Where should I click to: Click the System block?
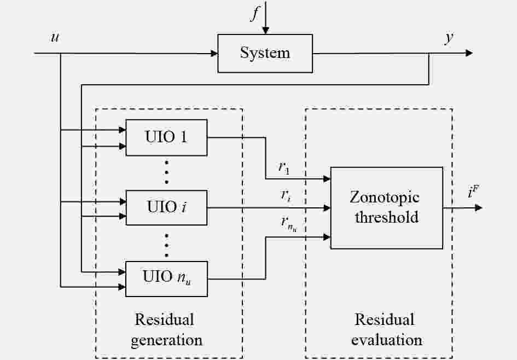click(265, 53)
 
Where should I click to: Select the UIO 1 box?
click(167, 137)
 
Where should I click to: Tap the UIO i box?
click(167, 208)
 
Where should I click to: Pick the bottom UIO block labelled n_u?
click(167, 279)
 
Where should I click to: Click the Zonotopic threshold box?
click(386, 208)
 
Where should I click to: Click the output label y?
click(449, 38)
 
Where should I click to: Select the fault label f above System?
click(254, 14)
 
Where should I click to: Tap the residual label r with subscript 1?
click(283, 168)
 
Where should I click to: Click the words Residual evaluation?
click(386, 329)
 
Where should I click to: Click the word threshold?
click(386, 217)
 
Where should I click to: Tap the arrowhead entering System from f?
click(265, 31)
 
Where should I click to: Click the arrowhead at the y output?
click(468, 53)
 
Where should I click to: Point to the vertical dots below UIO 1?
click(167, 172)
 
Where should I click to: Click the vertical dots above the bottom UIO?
click(167, 245)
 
